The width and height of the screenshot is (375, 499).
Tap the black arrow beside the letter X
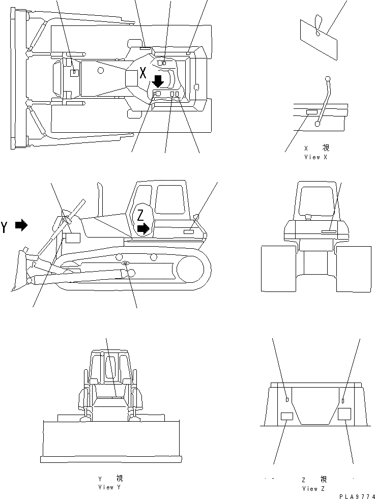click(158, 81)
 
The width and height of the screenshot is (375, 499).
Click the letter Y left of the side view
click(5, 226)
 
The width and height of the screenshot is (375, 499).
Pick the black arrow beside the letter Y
click(21, 225)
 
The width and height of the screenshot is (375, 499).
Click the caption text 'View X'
click(315, 157)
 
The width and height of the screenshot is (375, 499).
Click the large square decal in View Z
click(345, 414)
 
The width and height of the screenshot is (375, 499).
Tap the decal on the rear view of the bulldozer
click(329, 231)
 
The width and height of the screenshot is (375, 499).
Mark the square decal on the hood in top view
click(74, 73)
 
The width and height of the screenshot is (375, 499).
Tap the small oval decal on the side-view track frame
click(125, 263)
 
